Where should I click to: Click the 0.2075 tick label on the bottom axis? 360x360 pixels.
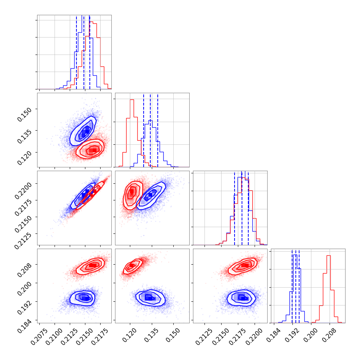(x=42, y=335)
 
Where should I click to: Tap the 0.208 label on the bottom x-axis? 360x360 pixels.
(x=327, y=333)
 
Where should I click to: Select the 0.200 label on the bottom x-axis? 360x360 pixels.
(x=310, y=333)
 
